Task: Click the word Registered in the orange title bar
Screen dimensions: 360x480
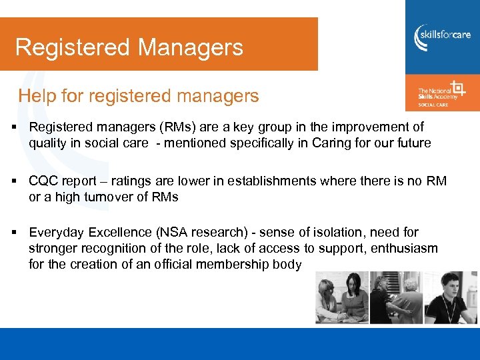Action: click(x=72, y=47)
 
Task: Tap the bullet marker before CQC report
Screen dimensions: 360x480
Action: click(x=14, y=181)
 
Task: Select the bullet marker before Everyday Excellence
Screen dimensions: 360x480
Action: click(x=14, y=233)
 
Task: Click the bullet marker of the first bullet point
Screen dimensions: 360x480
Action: click(x=14, y=127)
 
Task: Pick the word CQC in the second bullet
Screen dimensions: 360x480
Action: click(x=43, y=181)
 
